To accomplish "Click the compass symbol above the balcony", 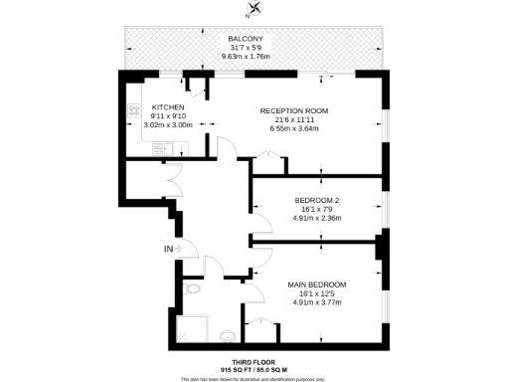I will [x=256, y=10].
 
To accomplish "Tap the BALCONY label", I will [x=244, y=39].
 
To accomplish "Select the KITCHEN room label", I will [x=167, y=106].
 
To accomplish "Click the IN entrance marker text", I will [x=168, y=248].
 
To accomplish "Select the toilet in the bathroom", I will [x=193, y=289].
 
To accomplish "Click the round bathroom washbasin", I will [x=230, y=336].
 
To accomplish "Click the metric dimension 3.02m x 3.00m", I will [x=167, y=125].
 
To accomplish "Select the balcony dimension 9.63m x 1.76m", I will [x=244, y=57].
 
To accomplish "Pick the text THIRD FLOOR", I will [x=254, y=361].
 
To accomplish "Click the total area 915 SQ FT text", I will [x=233, y=370].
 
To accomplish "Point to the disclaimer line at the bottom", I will [x=254, y=379].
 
